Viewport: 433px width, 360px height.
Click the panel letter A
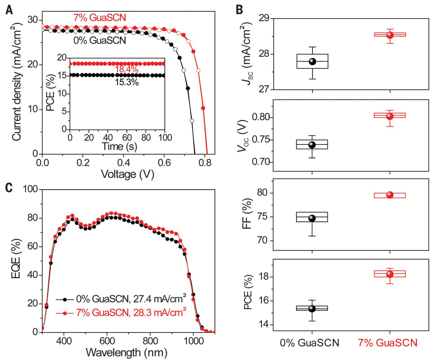click(x=9, y=10)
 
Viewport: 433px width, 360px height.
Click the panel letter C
click(x=9, y=187)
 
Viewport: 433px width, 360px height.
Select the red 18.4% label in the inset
click(x=127, y=70)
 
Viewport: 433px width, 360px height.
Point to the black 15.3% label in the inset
click(x=127, y=82)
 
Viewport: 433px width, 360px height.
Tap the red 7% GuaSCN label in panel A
click(x=99, y=18)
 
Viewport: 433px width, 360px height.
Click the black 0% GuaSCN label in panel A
click(x=99, y=40)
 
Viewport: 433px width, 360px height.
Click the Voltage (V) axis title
click(x=128, y=174)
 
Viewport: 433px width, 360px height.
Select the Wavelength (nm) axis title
click(x=127, y=352)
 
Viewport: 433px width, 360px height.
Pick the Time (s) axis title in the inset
click(x=119, y=147)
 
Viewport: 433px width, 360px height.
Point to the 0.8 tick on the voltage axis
click(x=204, y=163)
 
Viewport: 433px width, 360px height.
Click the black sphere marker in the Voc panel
click(x=312, y=145)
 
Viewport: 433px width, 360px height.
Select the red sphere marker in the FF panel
click(x=390, y=195)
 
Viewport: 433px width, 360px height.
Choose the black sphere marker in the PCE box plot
click(x=312, y=309)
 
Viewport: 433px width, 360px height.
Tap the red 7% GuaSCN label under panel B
click(x=388, y=343)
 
